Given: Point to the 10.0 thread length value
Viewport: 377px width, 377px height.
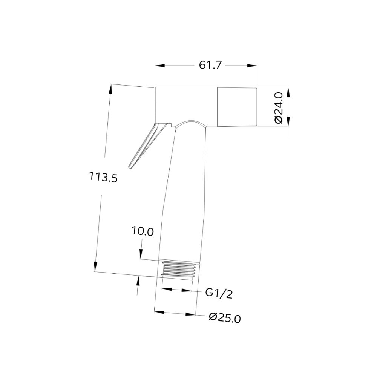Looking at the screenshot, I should [143, 231].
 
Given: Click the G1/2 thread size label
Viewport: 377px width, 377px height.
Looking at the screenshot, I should [218, 293].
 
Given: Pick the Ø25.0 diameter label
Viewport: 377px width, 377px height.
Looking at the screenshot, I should [225, 318].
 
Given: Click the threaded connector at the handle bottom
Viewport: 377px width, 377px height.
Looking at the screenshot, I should [179, 269].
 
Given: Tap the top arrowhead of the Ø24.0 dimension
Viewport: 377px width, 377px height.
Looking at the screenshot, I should [288, 93].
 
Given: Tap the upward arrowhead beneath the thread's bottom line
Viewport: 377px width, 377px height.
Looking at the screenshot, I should [138, 281].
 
